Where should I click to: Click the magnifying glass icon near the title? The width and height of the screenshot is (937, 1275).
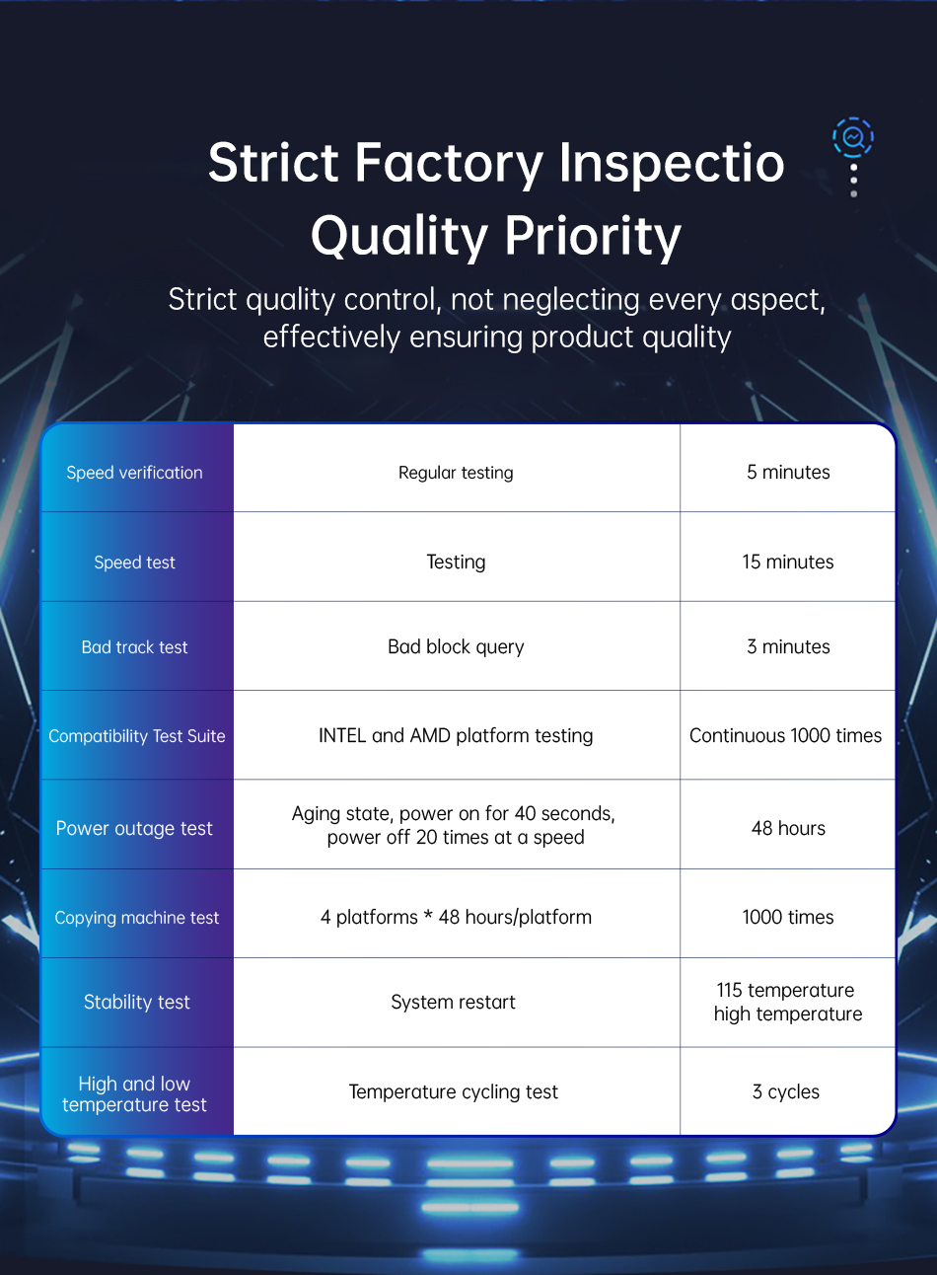(x=853, y=137)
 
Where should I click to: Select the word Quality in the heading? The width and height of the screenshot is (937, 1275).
(x=399, y=236)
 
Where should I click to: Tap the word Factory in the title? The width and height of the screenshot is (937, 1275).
(x=449, y=164)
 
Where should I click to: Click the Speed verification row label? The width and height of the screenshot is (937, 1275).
(x=134, y=473)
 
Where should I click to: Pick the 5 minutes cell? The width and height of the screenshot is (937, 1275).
(x=788, y=472)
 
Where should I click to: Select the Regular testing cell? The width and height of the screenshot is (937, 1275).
(x=456, y=473)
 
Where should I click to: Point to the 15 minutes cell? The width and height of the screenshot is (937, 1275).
(x=788, y=562)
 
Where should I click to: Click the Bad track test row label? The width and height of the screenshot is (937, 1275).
(x=134, y=647)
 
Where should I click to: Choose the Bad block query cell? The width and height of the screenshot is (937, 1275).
(x=456, y=646)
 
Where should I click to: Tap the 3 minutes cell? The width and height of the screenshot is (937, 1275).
(x=788, y=646)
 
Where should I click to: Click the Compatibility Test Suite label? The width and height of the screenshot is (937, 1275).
(x=136, y=736)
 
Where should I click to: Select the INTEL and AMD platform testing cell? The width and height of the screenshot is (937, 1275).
(x=456, y=735)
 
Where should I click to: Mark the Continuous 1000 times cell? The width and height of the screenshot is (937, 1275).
(x=786, y=735)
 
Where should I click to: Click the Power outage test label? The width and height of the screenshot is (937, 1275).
(x=134, y=828)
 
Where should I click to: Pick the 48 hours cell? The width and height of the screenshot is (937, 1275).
(x=788, y=828)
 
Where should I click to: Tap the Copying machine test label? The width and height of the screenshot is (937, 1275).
(x=136, y=918)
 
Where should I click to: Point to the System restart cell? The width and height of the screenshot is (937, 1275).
(x=453, y=1002)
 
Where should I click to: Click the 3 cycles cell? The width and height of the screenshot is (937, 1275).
(x=786, y=1091)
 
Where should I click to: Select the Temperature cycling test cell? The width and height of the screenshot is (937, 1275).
(x=453, y=1091)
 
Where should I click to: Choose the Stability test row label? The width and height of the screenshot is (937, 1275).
(x=136, y=1002)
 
